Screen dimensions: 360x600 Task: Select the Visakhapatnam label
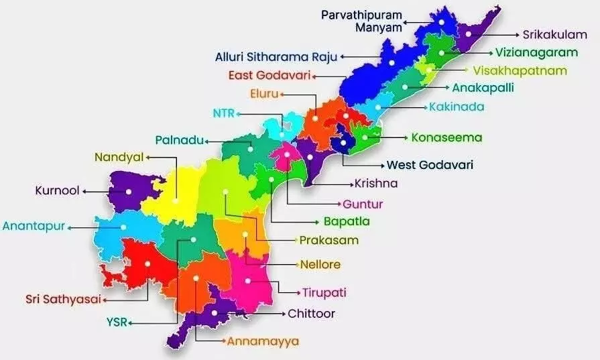tap(520, 70)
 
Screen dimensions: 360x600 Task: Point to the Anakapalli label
tap(483, 88)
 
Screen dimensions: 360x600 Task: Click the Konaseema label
tap(446, 137)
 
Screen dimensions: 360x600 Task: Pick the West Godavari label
tap(430, 164)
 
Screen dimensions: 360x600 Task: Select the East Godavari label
tap(269, 75)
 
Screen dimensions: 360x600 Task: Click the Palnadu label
tap(178, 140)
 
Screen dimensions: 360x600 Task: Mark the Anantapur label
tap(34, 226)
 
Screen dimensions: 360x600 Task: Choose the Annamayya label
tap(263, 341)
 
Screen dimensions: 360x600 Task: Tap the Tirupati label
tap(324, 292)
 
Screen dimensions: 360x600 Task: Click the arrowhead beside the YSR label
tap(131, 323)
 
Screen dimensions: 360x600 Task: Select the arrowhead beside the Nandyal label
tap(148, 158)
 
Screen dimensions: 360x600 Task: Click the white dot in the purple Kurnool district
tap(128, 191)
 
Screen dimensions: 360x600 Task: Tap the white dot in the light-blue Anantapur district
tap(123, 227)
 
